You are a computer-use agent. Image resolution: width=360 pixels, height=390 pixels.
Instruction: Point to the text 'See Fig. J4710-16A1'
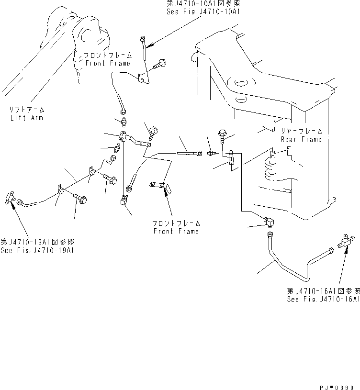point(323,299)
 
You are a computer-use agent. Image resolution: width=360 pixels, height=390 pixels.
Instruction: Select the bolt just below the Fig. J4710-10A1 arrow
point(159,64)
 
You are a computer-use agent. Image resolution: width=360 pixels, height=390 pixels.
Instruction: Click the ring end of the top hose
point(141,38)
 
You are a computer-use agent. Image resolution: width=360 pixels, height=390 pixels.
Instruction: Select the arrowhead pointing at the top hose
point(150,45)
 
